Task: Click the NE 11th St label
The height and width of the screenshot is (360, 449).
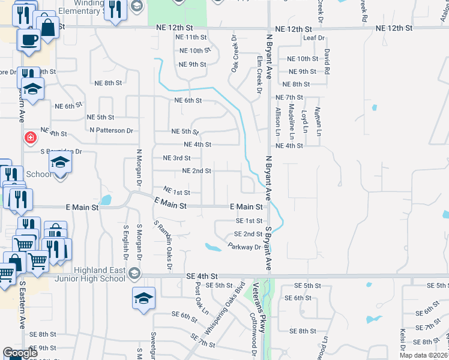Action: click(x=190, y=37)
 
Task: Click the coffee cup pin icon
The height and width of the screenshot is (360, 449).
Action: click(x=28, y=41)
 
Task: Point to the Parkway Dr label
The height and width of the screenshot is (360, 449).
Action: click(x=244, y=247)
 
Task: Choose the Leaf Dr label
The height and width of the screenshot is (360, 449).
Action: click(x=313, y=38)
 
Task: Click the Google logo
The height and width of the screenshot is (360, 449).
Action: click(x=21, y=353)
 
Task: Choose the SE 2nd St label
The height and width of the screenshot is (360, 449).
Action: click(x=248, y=234)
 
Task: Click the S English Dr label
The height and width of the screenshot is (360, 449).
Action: click(x=126, y=243)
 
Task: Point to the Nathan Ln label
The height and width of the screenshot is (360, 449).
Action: click(x=319, y=120)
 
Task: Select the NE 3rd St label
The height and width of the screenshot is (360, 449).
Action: click(x=177, y=158)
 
